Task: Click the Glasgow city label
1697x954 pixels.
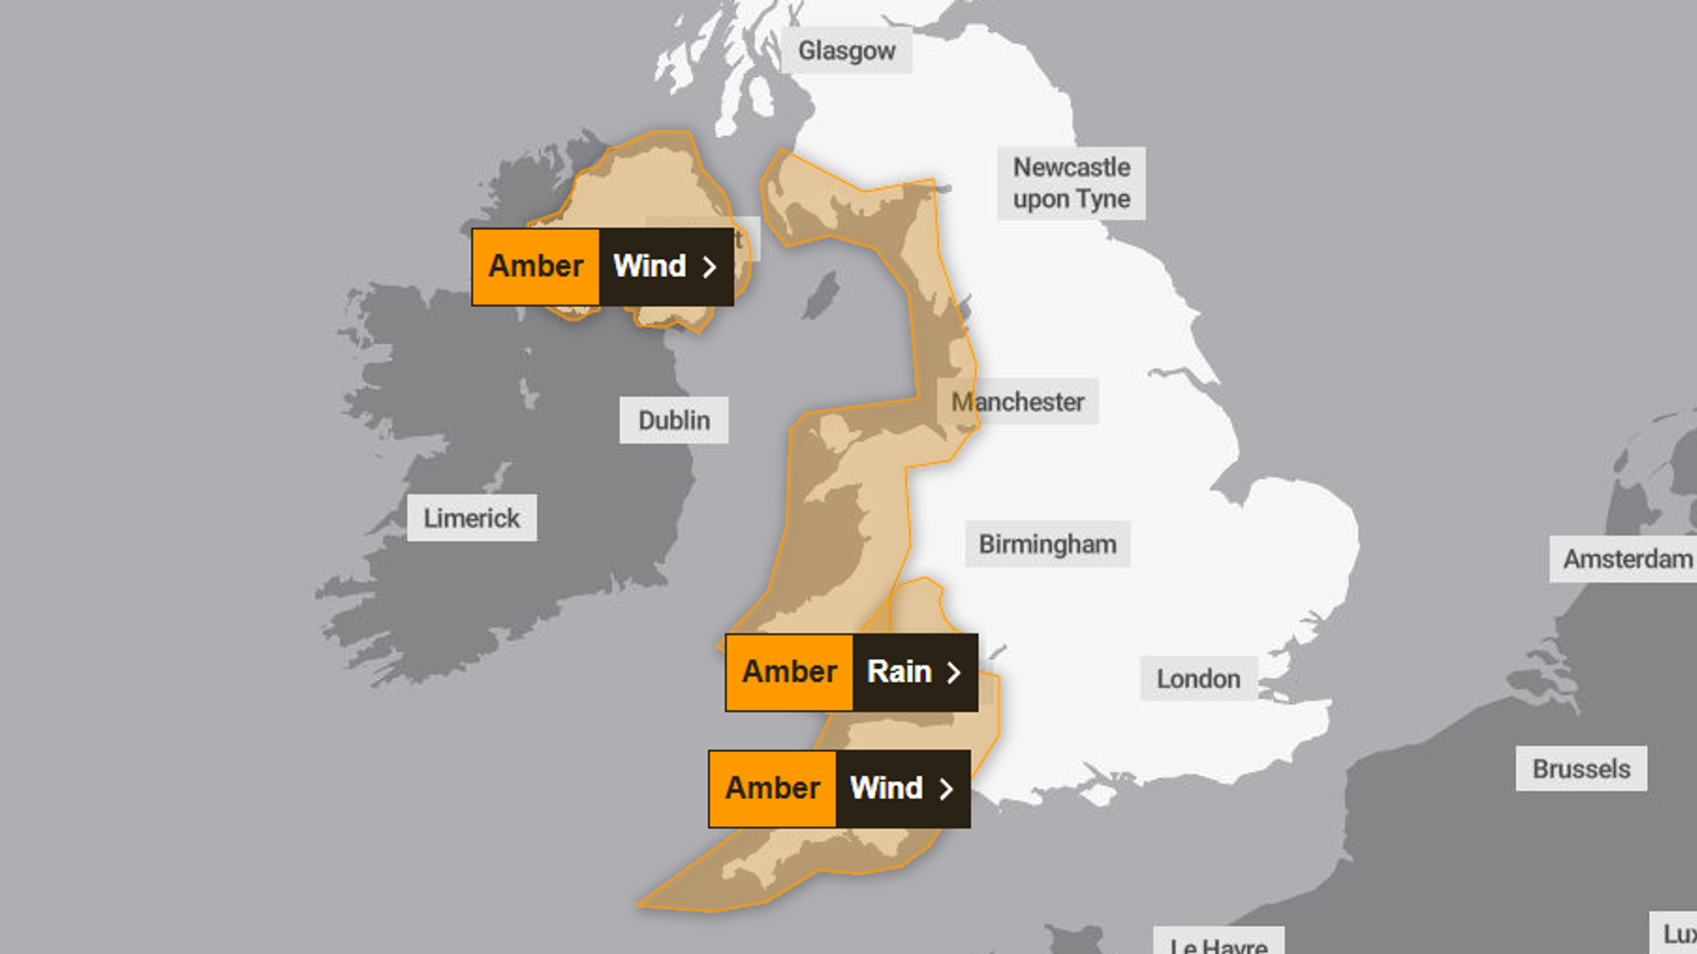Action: click(x=846, y=51)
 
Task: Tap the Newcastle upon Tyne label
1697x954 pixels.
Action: click(x=1071, y=183)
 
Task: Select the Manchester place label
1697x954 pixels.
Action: click(x=1018, y=402)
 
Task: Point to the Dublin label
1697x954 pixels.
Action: click(x=674, y=420)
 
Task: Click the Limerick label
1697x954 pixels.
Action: click(x=471, y=518)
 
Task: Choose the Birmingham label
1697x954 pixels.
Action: click(x=1047, y=544)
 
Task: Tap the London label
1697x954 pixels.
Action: click(x=1198, y=678)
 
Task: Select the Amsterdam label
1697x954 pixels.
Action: click(x=1626, y=559)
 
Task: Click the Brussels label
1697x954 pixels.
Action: click(x=1581, y=768)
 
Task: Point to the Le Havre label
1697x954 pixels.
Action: click(x=1218, y=944)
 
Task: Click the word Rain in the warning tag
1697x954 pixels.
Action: click(x=899, y=672)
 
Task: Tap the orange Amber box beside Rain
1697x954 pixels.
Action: click(x=789, y=672)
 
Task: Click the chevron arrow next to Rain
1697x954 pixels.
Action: click(x=955, y=672)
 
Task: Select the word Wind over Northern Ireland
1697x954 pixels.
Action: click(x=650, y=267)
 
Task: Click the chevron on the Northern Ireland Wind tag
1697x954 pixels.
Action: click(x=709, y=267)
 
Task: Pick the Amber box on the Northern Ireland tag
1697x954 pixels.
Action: click(x=535, y=267)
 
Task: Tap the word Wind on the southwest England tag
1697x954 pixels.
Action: click(x=887, y=788)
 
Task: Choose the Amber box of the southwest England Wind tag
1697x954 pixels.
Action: click(x=772, y=788)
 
